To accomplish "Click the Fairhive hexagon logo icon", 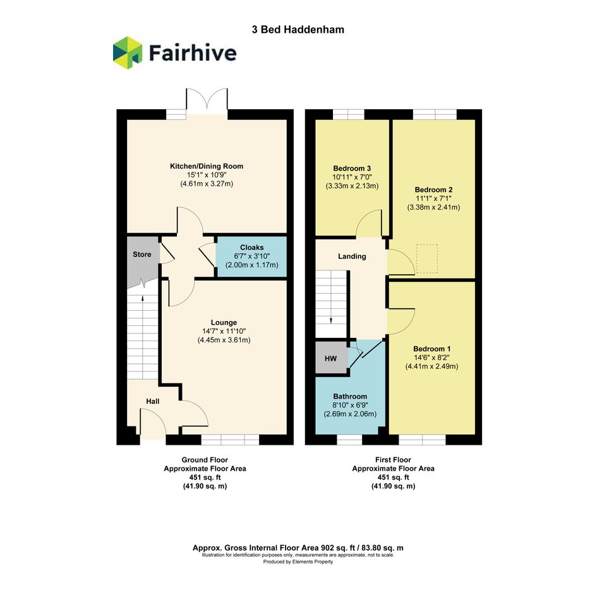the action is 128,52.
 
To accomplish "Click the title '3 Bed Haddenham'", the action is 298,30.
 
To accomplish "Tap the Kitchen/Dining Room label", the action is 207,166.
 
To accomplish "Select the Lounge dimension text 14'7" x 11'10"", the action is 224,331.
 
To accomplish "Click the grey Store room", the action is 142,259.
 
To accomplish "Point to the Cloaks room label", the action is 251,248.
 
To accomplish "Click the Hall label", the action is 153,401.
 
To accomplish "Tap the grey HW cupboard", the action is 331,358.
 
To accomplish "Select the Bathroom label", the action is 350,396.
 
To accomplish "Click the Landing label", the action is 352,256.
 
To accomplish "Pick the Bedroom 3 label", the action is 352,168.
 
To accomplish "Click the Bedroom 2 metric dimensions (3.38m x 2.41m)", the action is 433,207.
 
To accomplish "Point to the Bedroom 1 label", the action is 431,349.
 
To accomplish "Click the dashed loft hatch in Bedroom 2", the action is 427,258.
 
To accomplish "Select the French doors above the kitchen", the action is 207,101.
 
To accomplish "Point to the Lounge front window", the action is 230,439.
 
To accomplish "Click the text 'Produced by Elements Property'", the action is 298,562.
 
